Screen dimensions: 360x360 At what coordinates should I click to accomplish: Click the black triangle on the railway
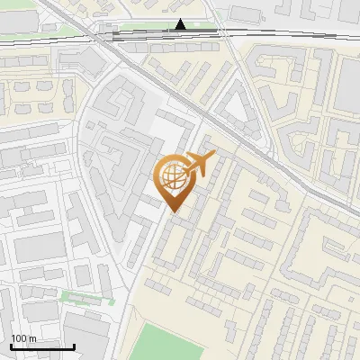coord(181,24)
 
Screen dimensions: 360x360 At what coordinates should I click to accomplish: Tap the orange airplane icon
coord(197,165)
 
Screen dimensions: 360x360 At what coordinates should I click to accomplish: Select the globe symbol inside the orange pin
coord(174,175)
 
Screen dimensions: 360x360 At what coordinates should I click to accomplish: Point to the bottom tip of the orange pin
coord(174,211)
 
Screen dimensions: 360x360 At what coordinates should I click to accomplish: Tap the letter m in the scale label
coord(32,338)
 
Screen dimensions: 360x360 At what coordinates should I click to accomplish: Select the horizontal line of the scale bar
coord(42,346)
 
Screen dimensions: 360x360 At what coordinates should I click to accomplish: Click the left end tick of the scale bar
coord(11,345)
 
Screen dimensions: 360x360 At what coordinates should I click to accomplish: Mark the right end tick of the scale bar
coord(74,345)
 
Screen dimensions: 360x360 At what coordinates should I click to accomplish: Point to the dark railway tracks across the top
coord(270,33)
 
